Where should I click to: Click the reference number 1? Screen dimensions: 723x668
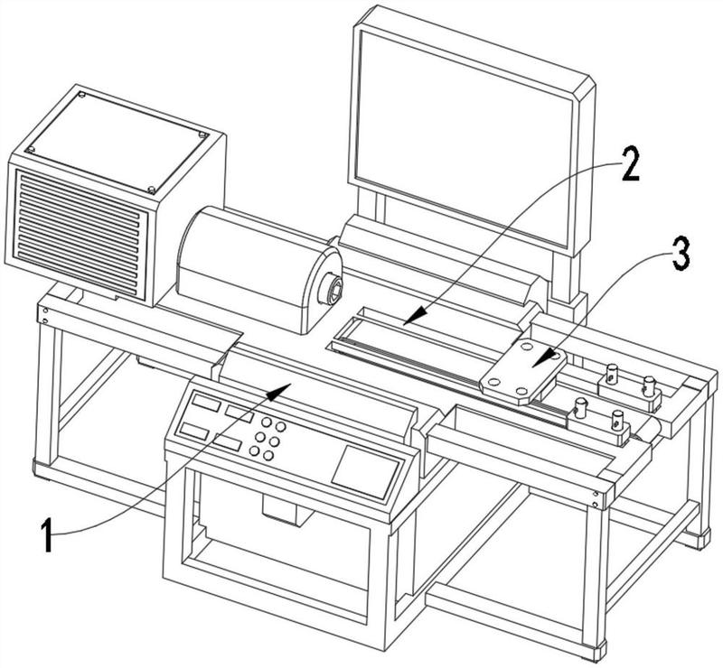(47, 534)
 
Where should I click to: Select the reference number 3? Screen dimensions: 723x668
(681, 254)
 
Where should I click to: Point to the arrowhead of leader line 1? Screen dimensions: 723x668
(279, 391)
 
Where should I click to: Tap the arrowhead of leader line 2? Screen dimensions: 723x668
(416, 316)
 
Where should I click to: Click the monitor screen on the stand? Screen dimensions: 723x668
(464, 138)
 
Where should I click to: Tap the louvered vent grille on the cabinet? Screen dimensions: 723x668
(80, 233)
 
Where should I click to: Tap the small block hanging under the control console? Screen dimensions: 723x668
(282, 508)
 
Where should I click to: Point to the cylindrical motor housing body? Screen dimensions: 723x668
(258, 270)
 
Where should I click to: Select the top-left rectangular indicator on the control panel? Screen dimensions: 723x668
(206, 403)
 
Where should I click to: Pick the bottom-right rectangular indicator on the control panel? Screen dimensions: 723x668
(228, 442)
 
